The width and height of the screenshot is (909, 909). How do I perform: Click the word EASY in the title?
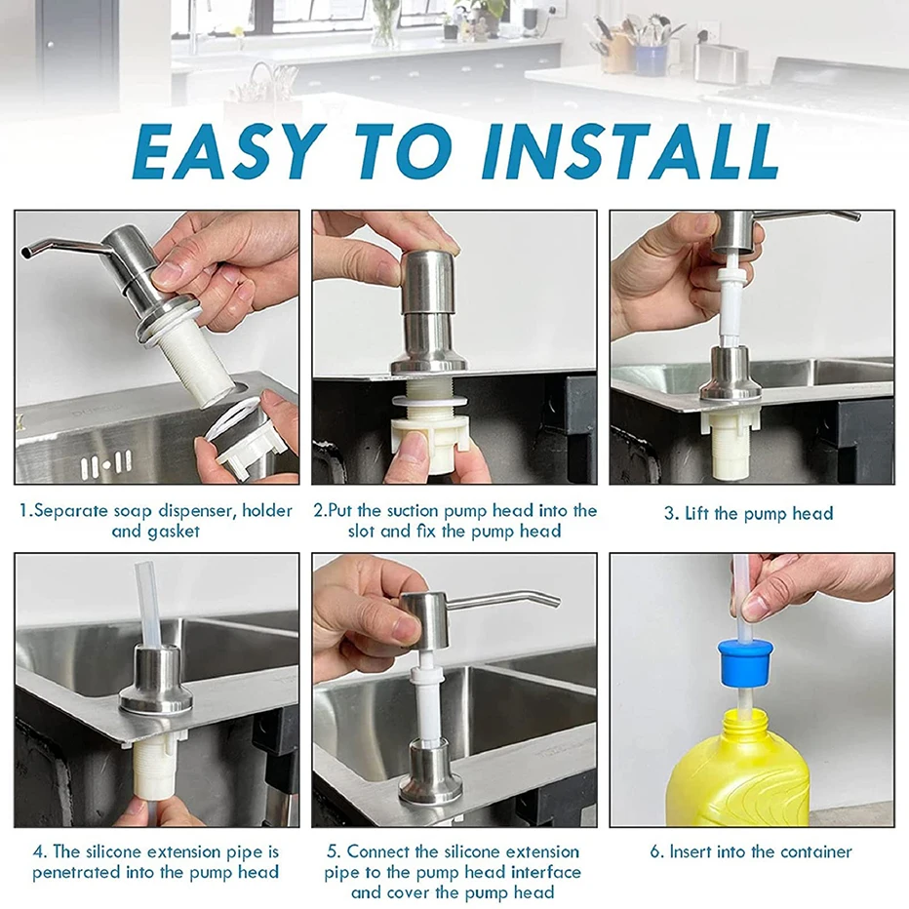[x=228, y=151]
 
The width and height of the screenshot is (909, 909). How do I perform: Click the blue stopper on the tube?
[x=742, y=661]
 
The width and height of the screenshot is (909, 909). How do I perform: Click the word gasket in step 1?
[x=172, y=533]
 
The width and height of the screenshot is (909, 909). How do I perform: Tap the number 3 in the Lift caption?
[x=670, y=514]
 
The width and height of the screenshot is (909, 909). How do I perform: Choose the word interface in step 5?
[x=545, y=872]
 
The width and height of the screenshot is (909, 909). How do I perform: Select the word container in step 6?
[x=815, y=851]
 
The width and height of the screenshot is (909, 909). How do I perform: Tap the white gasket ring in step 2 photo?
[x=429, y=401]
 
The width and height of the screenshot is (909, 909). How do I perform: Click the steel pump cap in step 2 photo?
[x=429, y=283]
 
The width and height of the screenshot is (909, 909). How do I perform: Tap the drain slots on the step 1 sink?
[x=106, y=464]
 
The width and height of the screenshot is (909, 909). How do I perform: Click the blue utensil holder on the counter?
[x=652, y=60]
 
